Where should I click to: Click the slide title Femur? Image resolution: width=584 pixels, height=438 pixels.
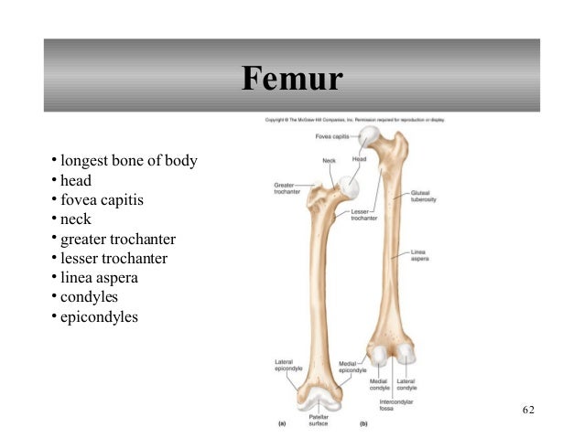[292, 80]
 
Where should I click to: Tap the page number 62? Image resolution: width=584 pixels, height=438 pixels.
[529, 409]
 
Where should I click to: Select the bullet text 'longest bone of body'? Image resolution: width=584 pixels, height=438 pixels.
[129, 162]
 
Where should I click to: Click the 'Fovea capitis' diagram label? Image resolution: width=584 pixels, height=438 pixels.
[333, 136]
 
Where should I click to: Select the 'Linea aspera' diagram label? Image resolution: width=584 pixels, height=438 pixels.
[420, 255]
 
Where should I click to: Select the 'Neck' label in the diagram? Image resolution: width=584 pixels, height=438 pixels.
[329, 160]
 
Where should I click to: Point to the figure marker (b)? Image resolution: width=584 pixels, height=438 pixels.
[363, 424]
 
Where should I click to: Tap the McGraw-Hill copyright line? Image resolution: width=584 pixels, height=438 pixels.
[355, 120]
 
